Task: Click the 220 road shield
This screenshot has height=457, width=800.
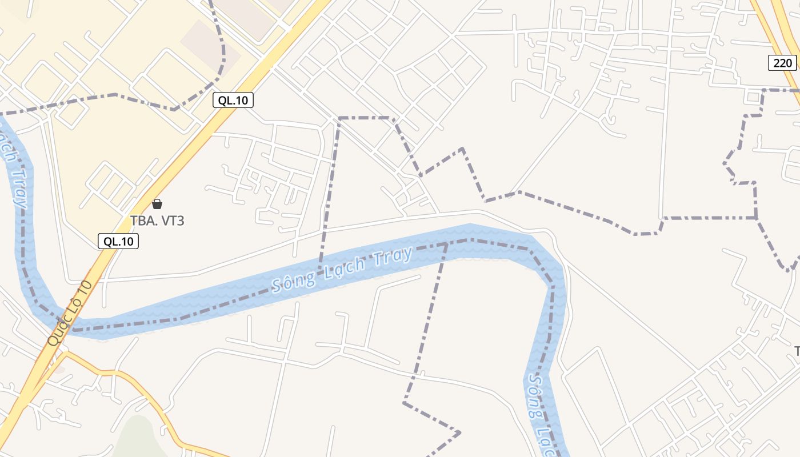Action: tap(782, 63)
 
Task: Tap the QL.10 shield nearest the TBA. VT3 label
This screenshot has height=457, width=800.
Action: tap(118, 241)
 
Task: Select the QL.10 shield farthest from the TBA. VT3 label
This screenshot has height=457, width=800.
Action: tap(233, 101)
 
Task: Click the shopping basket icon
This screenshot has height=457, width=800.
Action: tap(157, 204)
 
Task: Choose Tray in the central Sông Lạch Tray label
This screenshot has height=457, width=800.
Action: tap(394, 255)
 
